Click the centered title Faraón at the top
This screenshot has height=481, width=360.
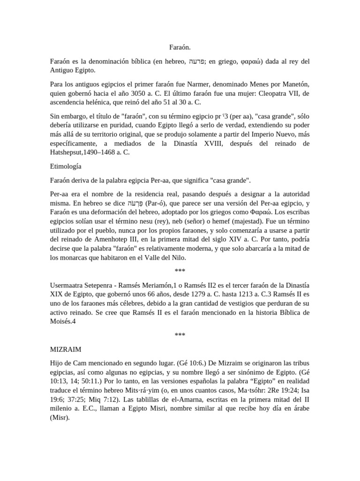coord(180,47)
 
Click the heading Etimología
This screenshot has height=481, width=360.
coord(66,166)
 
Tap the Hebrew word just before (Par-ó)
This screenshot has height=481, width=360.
coord(135,203)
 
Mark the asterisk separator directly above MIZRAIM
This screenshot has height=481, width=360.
coord(180,335)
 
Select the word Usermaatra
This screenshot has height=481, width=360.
coord(69,285)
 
